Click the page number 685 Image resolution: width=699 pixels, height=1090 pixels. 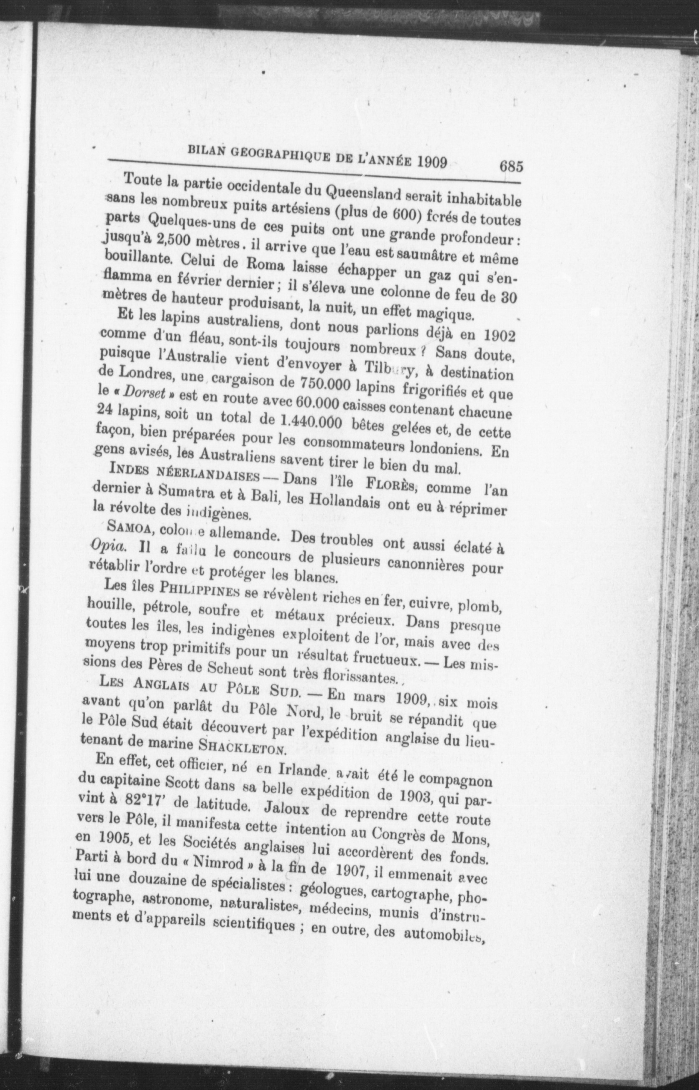(x=511, y=166)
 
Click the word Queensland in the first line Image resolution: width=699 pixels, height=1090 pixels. (x=359, y=194)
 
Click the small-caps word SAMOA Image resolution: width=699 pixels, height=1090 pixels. (x=132, y=529)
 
